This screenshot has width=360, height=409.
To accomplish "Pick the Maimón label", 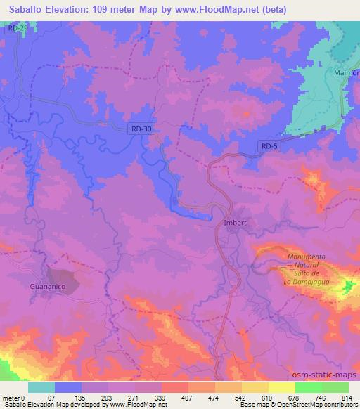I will [x=349, y=73].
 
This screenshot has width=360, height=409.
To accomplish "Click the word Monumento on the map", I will [x=306, y=257].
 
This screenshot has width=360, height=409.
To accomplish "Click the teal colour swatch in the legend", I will [x=42, y=387].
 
